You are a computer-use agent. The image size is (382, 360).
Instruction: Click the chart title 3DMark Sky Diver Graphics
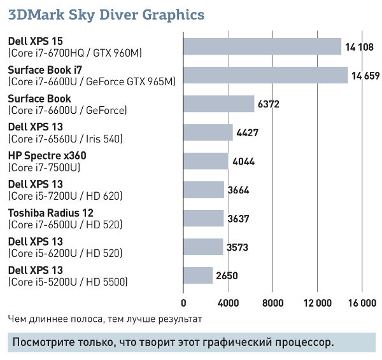tap(106, 13)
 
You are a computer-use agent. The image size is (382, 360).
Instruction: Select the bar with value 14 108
tap(262, 46)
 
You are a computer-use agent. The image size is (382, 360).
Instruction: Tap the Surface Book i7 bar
tap(265, 75)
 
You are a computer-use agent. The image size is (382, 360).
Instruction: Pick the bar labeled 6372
tap(218, 104)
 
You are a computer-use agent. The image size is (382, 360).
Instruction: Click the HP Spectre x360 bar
tap(206, 161)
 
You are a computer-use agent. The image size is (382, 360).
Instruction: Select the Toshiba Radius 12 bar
tap(204, 218)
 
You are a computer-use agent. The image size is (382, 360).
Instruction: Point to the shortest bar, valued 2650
tap(198, 275)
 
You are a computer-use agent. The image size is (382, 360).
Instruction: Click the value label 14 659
tap(365, 76)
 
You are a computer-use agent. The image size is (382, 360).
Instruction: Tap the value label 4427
tap(249, 133)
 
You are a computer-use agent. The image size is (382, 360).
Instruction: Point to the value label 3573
tap(237, 247)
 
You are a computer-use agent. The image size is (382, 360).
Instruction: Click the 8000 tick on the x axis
tap(272, 302)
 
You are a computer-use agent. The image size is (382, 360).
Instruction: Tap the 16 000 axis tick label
tap(362, 302)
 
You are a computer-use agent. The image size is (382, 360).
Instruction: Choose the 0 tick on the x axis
tap(184, 302)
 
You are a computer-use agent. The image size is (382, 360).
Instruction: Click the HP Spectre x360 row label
tap(46, 155)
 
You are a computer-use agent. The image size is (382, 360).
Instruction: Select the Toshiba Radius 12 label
tap(50, 212)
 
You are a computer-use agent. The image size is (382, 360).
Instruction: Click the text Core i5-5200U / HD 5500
tap(68, 281)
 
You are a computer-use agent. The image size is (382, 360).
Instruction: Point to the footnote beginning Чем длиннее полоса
tap(105, 318)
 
